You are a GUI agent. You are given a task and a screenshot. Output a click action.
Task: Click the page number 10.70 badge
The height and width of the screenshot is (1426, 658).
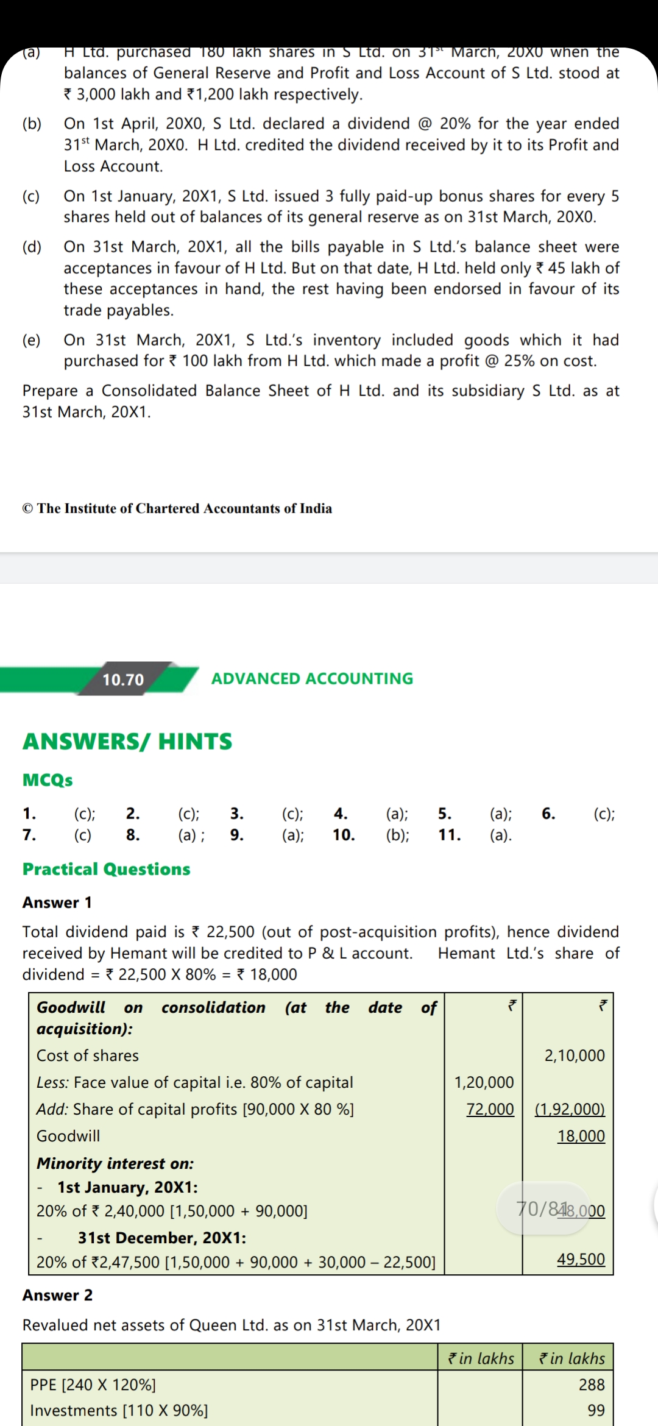click(x=123, y=679)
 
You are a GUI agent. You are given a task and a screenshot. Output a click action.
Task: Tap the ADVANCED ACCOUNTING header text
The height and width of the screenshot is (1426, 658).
click(x=312, y=678)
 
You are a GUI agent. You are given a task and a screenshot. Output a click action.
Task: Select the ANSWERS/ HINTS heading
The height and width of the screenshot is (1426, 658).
click(x=127, y=741)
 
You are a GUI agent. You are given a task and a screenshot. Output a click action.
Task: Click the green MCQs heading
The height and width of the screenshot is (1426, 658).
click(x=48, y=780)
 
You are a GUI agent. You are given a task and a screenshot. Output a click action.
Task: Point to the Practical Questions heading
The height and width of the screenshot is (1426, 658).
click(x=106, y=869)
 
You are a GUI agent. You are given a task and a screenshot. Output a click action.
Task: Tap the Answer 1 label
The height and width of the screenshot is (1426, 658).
click(x=57, y=903)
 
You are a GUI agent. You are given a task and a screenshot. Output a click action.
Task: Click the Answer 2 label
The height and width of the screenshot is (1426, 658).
click(x=57, y=1295)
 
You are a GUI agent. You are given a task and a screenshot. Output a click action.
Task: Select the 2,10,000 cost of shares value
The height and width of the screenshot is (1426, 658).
click(x=575, y=1055)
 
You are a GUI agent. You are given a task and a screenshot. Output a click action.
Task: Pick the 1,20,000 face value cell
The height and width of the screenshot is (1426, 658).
click(x=484, y=1082)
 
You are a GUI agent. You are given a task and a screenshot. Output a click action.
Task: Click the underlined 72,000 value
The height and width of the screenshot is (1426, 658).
click(x=490, y=1109)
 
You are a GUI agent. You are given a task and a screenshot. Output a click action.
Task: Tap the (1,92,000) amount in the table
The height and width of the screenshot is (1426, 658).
click(x=570, y=1109)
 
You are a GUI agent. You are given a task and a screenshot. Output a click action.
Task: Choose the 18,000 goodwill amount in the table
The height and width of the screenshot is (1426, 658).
click(x=581, y=1136)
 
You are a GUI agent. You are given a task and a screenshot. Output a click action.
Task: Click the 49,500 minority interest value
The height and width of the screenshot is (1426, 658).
click(x=581, y=1259)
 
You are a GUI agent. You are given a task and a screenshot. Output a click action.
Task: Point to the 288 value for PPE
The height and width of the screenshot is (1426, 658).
click(x=592, y=1385)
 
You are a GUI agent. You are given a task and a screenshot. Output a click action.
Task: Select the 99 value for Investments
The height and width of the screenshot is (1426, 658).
click(x=596, y=1410)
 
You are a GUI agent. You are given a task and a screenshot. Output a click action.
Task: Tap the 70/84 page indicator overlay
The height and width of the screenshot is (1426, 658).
click(x=540, y=1208)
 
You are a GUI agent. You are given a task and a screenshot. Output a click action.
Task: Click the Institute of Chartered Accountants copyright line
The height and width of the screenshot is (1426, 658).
click(x=177, y=508)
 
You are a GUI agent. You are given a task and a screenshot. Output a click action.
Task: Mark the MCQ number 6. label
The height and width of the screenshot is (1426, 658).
click(x=548, y=814)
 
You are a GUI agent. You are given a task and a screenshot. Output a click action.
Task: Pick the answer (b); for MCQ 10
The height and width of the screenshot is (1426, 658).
click(x=397, y=835)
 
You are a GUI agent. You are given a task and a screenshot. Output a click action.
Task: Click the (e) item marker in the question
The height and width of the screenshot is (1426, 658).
click(x=32, y=340)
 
